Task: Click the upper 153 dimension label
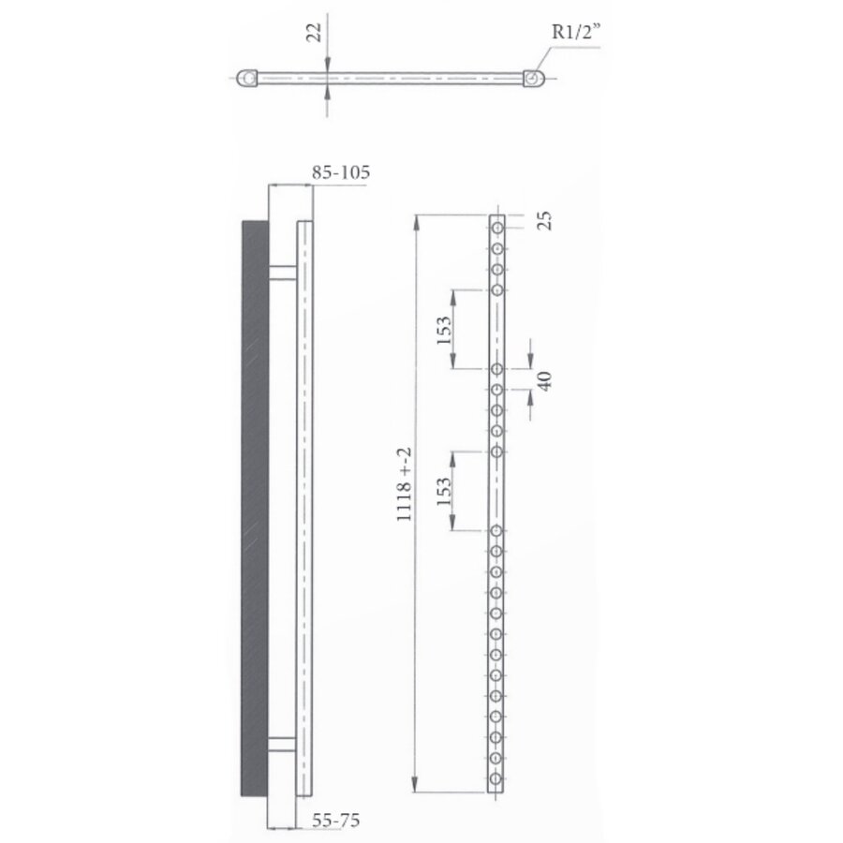tap(444, 329)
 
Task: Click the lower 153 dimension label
tap(444, 490)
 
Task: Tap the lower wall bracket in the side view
tap(282, 745)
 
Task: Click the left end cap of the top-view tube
tap(246, 79)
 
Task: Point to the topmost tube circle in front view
tap(497, 227)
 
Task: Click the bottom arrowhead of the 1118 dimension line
tap(417, 786)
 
